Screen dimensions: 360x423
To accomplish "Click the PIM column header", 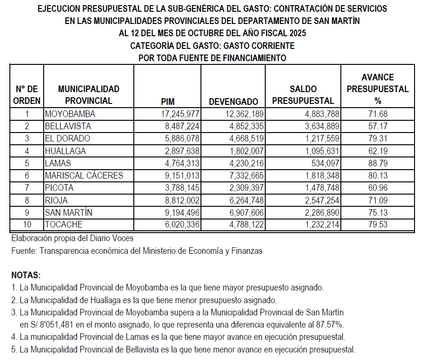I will pos(167,101).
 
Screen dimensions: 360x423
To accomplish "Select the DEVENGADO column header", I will pos(233,101).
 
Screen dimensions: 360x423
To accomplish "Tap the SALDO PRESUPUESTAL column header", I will pos(303,95).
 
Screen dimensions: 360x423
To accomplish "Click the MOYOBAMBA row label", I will pos(70,114).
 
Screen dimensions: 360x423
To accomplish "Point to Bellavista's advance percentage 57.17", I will pos(378,126).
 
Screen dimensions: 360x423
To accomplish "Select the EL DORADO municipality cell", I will pos(68,139).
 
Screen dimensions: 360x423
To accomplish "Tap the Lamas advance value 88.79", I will pos(378,163).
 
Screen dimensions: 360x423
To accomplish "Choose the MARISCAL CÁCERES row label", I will pos(84,175).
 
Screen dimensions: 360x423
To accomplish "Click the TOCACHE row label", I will pos(64,224).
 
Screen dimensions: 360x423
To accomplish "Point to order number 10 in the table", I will pos(27,224).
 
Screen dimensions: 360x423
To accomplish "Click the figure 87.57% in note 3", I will pos(329,324).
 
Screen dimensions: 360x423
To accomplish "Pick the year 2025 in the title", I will pos(294,33).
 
